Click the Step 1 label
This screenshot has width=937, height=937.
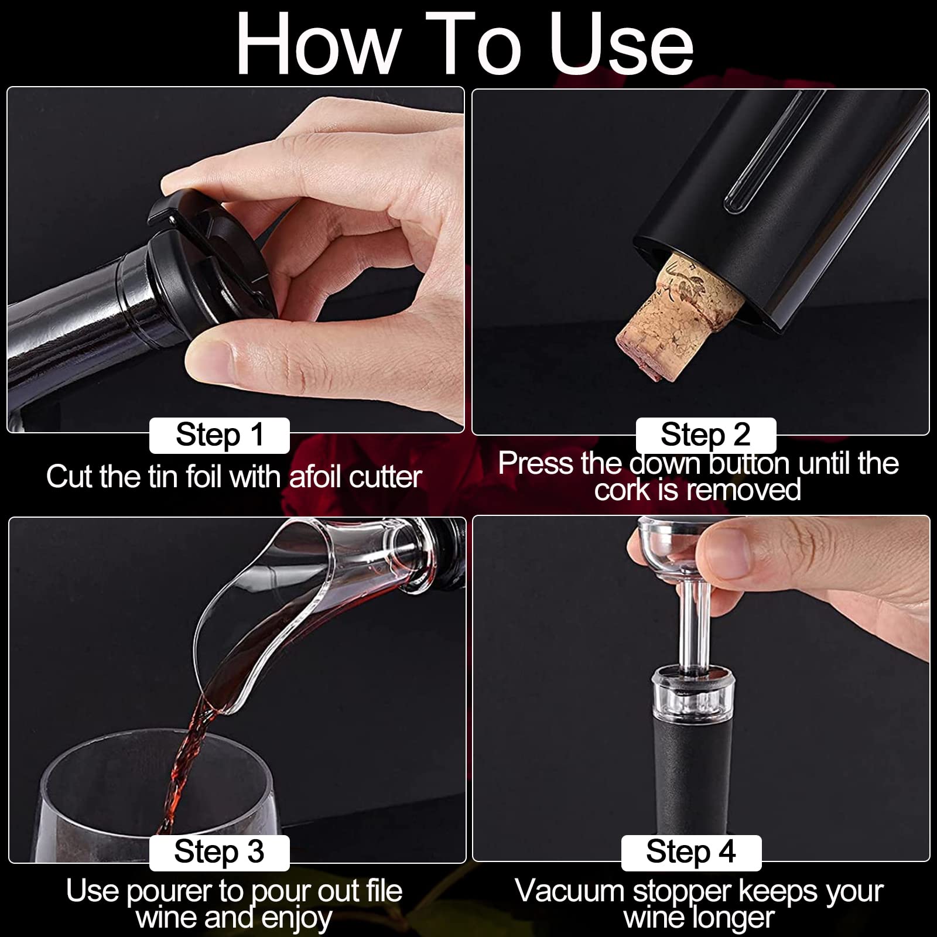pos(220,435)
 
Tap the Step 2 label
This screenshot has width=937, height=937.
pos(706,435)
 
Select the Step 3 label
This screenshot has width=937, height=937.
pos(220,852)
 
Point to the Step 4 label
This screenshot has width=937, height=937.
pos(691,852)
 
